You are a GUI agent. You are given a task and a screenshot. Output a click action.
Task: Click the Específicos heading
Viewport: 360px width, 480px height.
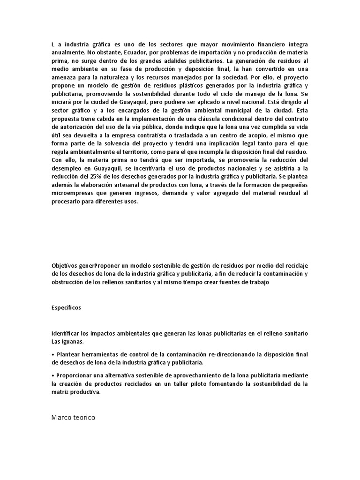coord(66,308)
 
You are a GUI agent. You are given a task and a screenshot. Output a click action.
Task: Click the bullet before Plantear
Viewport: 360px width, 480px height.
coord(53,354)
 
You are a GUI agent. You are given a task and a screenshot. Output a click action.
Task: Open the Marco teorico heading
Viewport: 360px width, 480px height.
coord(73,417)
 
